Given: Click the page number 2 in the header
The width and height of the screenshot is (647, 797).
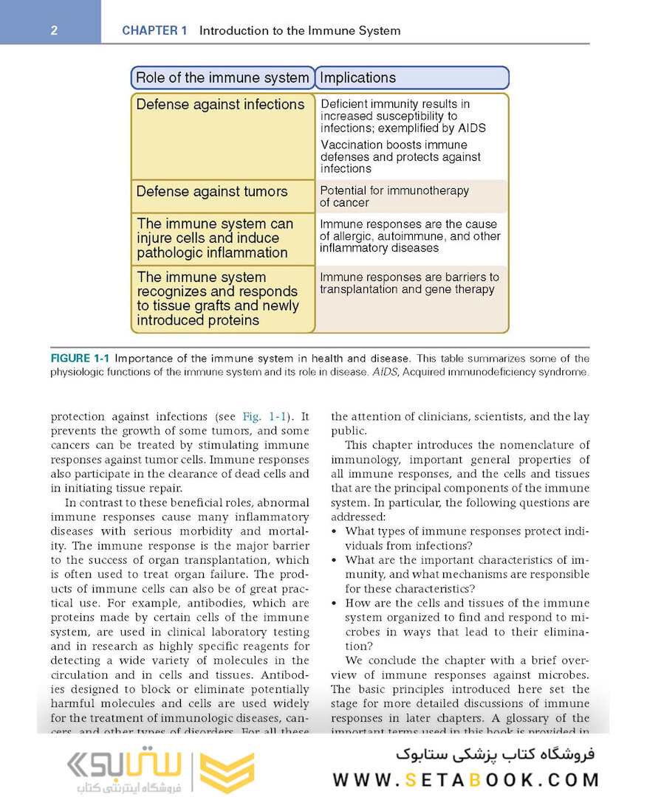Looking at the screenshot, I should [55, 31].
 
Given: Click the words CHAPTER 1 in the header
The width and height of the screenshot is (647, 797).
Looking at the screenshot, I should [154, 31].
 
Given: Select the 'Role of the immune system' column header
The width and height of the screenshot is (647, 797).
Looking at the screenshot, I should [222, 77].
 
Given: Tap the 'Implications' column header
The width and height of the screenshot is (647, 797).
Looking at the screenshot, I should [358, 77].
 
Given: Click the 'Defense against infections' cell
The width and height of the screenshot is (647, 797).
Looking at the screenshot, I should [220, 105].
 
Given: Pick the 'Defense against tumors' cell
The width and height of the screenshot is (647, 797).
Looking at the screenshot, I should [212, 192].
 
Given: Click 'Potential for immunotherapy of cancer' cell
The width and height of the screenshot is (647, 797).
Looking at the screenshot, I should [394, 196].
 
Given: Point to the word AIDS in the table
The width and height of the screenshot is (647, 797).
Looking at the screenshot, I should [471, 128].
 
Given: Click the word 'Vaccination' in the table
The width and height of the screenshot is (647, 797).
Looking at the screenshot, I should [350, 145].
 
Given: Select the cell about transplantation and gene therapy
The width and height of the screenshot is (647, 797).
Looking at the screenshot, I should [409, 283].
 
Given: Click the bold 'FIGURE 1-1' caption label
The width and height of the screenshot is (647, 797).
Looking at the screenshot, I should [80, 359].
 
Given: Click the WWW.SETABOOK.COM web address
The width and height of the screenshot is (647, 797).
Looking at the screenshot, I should [466, 779].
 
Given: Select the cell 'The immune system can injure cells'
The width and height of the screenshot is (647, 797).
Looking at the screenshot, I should [215, 238].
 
